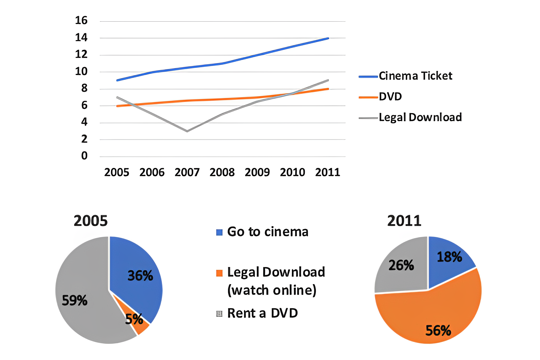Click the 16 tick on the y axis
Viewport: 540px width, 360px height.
(x=81, y=20)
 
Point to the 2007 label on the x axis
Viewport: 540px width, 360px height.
(x=187, y=172)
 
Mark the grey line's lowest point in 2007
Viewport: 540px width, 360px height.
(x=187, y=131)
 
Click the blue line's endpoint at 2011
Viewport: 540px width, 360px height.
(x=328, y=38)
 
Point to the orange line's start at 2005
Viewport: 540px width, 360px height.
(x=117, y=106)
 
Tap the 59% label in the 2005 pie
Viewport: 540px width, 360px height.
(x=74, y=300)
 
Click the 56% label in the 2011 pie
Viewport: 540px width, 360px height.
(x=438, y=331)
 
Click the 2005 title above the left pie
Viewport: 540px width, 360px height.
(x=91, y=221)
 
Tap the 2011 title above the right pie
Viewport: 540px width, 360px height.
(x=404, y=221)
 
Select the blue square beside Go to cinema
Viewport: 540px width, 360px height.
(x=219, y=232)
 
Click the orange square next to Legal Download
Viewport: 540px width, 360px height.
(x=219, y=273)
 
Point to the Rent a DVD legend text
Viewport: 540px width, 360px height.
(x=262, y=313)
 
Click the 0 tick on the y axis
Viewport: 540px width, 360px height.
(x=84, y=156)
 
